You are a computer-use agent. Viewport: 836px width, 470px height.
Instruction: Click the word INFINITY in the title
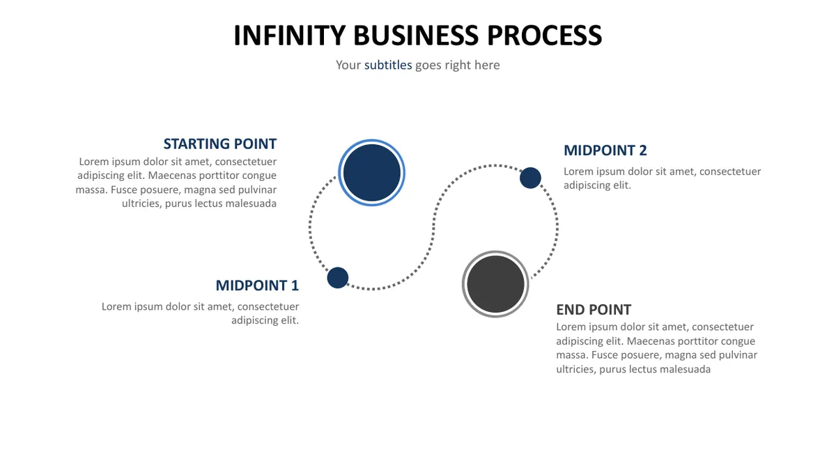(289, 36)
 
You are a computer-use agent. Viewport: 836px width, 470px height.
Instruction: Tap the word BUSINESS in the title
(416, 36)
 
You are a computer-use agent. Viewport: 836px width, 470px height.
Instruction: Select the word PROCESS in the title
(545, 36)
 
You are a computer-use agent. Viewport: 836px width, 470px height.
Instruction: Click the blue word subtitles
(388, 65)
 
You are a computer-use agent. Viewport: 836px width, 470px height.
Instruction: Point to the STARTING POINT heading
(220, 144)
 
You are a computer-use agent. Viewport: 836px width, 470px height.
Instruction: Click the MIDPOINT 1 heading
(257, 285)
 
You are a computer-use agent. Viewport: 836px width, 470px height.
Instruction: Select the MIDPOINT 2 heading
(605, 150)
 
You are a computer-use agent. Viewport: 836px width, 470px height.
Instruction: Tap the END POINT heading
(594, 310)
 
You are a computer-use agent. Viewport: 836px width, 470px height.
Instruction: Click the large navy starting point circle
(371, 173)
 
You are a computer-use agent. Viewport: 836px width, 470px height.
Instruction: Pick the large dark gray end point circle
(495, 284)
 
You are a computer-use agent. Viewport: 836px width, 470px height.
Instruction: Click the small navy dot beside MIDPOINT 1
(338, 278)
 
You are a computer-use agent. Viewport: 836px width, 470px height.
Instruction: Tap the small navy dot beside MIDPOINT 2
(530, 178)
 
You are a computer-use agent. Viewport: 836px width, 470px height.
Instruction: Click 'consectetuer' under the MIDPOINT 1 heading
(268, 306)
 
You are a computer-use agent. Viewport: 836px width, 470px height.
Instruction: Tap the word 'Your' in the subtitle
(348, 65)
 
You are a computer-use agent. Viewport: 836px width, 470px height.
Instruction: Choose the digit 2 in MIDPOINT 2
(642, 150)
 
